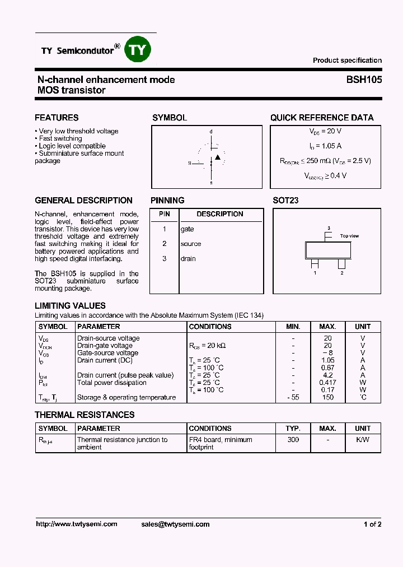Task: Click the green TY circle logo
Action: click(x=137, y=49)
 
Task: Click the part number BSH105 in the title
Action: click(x=364, y=80)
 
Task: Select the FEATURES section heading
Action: click(x=57, y=118)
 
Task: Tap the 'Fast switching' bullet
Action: click(x=60, y=138)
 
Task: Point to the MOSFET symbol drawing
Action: click(x=210, y=157)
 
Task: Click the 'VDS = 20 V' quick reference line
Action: click(x=325, y=131)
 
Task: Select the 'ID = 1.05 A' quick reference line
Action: click(x=325, y=146)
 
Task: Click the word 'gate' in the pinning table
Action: click(x=187, y=229)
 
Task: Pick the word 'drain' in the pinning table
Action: click(x=188, y=258)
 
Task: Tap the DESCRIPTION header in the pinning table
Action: click(x=220, y=214)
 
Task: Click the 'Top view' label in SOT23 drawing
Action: click(x=349, y=236)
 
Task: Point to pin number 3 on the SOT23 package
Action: click(x=329, y=228)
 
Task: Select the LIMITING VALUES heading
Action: click(x=70, y=306)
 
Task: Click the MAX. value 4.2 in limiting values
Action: click(x=328, y=375)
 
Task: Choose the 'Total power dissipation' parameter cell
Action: click(x=111, y=383)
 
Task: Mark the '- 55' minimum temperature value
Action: click(x=293, y=397)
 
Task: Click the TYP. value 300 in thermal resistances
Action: click(x=293, y=440)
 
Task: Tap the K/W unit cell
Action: click(x=363, y=440)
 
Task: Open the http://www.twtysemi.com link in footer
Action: click(x=77, y=524)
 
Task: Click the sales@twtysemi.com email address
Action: click(x=175, y=524)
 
